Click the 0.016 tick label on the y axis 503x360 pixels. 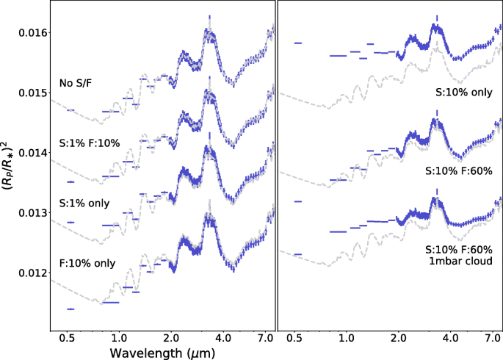(x=30, y=33)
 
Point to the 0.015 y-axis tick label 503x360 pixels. (x=30, y=93)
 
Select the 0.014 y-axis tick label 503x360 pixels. (x=30, y=153)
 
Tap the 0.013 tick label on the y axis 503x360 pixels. (x=30, y=213)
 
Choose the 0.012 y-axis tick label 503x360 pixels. (x=30, y=273)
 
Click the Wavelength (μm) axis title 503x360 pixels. (x=162, y=352)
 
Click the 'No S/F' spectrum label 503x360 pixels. (x=76, y=84)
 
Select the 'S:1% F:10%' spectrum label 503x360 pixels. (x=88, y=143)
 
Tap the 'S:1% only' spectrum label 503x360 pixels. (x=83, y=202)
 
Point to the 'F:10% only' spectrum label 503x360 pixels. (x=87, y=263)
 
